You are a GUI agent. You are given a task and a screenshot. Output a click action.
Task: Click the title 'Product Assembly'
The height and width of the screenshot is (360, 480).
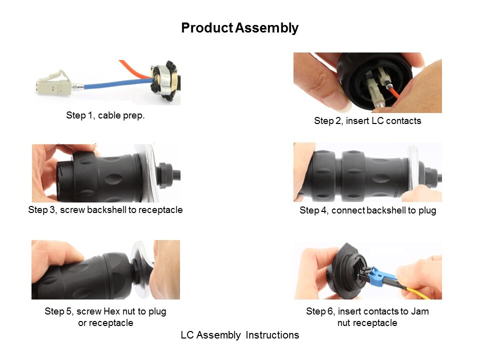coord(239,28)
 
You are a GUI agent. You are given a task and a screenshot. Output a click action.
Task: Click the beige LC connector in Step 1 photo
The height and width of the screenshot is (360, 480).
coord(54,83)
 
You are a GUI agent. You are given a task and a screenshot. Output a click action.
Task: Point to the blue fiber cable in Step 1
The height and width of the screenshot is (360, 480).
coord(118,83)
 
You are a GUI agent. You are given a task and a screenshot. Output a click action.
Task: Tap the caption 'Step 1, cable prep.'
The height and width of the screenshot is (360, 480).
coord(105,115)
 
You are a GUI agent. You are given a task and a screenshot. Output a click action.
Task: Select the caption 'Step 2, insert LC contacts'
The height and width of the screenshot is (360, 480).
coord(367,121)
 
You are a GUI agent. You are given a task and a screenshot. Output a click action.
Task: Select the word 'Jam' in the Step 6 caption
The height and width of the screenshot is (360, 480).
coord(419,311)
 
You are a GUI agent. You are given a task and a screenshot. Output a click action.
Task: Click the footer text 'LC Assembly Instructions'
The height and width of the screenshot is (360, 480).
coord(239,335)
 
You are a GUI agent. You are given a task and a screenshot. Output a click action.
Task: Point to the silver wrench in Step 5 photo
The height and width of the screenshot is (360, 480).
coord(141,269)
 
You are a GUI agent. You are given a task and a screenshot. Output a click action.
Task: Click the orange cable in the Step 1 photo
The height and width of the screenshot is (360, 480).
coord(134,69)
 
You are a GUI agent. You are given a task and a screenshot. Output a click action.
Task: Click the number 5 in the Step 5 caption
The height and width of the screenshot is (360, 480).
coord(68,311)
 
